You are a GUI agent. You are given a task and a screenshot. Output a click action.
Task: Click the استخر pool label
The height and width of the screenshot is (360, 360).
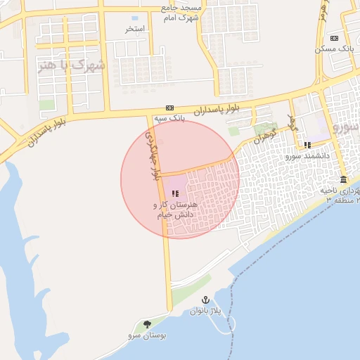tap(135, 29)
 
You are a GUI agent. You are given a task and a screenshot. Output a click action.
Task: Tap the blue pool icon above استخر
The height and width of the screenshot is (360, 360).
tap(135, 17)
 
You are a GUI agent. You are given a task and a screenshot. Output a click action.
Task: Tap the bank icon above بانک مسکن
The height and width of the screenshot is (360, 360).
tap(334, 38)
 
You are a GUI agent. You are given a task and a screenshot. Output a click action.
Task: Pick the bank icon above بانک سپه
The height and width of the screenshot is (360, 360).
tap(169, 108)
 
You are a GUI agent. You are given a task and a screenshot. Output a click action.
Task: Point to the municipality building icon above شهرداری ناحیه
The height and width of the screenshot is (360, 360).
tap(343, 180)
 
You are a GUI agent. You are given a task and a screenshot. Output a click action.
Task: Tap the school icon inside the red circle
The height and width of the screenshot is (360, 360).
tap(175, 193)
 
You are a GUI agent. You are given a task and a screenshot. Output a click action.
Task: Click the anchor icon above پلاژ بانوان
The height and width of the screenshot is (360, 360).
tap(205, 300)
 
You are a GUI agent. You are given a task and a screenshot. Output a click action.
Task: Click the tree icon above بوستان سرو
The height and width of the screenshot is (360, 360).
tap(147, 324)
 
